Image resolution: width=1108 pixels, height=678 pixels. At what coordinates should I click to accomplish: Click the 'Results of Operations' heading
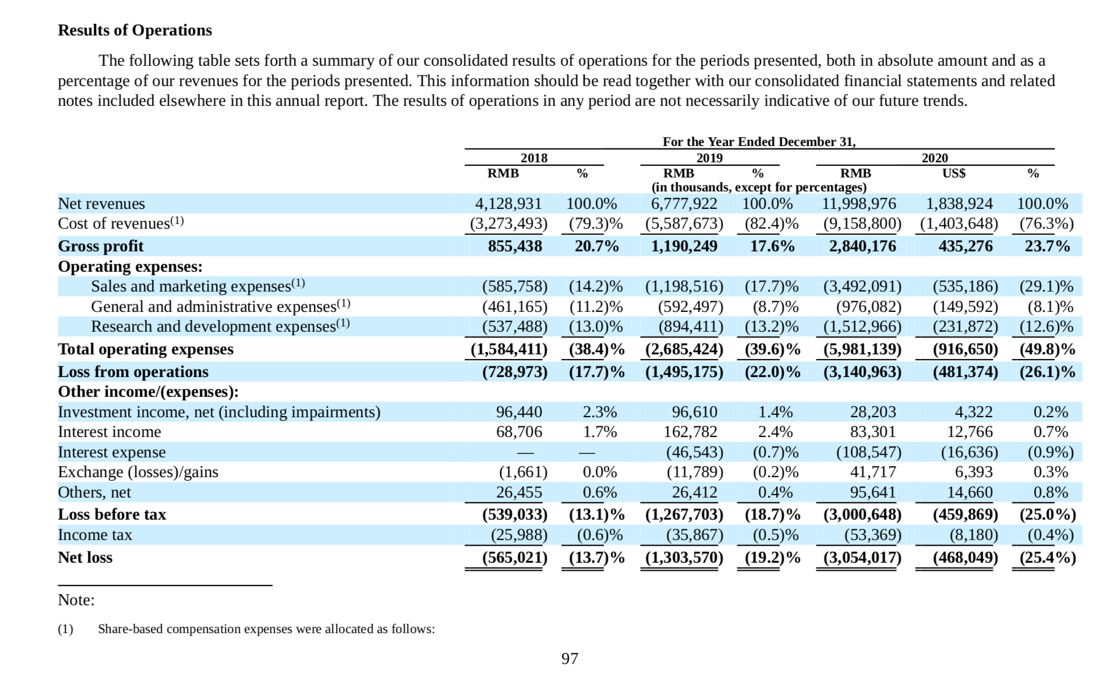135,30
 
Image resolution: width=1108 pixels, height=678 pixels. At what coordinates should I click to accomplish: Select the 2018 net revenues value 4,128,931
508,204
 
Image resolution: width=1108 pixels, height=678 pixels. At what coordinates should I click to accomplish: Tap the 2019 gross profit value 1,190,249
684,246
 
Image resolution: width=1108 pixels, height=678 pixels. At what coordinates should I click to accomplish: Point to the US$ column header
954,173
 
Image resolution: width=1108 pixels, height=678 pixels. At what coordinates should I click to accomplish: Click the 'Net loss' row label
85,558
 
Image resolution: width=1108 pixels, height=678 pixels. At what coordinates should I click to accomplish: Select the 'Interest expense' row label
112,452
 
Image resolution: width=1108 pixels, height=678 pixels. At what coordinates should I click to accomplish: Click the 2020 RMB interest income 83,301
873,432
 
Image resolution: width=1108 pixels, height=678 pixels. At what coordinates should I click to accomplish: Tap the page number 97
569,658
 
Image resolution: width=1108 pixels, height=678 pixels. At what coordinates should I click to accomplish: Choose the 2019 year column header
709,158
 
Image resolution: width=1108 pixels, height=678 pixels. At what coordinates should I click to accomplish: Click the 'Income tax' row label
95,535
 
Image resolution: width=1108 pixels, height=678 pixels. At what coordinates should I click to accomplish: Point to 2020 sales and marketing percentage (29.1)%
1046,286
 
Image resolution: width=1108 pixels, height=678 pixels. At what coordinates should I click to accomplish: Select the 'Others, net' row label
94,492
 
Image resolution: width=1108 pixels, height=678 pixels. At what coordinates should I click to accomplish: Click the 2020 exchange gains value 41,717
873,472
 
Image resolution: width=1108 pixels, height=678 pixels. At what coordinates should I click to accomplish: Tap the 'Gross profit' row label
101,246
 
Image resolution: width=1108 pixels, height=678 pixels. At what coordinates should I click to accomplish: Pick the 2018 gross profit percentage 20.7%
597,246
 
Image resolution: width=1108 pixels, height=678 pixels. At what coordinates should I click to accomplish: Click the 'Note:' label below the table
76,600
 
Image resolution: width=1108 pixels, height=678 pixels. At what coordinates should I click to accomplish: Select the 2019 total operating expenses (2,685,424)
684,349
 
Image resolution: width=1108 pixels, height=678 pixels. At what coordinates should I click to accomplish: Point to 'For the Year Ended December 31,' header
759,142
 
